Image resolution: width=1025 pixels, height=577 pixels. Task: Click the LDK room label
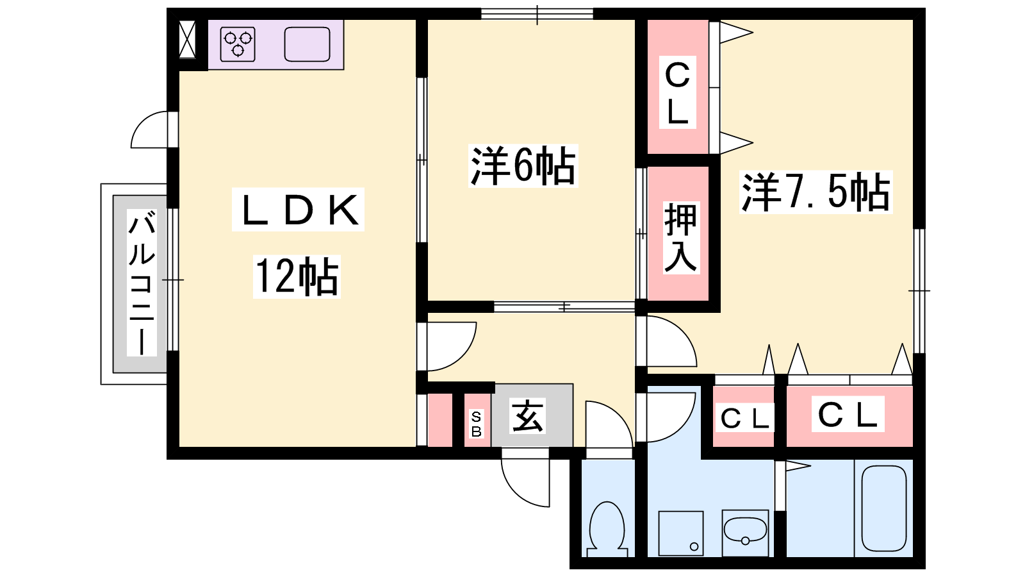click(298, 210)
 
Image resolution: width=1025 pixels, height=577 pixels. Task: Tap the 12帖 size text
click(297, 276)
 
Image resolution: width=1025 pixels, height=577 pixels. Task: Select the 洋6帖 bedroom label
click(523, 166)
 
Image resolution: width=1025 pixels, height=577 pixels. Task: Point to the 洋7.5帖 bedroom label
click(816, 192)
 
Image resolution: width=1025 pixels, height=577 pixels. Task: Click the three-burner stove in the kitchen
click(238, 44)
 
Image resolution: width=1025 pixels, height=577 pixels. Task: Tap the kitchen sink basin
click(307, 44)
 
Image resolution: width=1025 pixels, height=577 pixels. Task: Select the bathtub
click(883, 508)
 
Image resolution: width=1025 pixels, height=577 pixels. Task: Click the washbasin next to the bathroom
click(745, 531)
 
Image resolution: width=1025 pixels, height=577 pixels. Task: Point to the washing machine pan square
click(681, 533)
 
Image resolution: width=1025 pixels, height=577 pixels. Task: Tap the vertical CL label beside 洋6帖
click(677, 94)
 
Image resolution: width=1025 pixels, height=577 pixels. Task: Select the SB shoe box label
click(476, 424)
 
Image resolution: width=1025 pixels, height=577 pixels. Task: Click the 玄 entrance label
click(527, 416)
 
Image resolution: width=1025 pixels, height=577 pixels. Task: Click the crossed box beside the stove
click(187, 40)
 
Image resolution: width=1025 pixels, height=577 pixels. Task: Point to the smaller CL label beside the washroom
click(744, 419)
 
